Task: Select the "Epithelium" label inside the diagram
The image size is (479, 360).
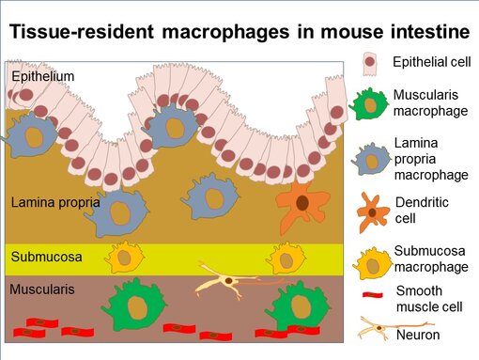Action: [41, 75]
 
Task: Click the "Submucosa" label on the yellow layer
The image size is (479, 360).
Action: [42, 256]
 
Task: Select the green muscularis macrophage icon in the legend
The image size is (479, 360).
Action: [372, 104]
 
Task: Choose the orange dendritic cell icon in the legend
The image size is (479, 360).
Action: [373, 212]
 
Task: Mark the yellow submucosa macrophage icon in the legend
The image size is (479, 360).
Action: [373, 261]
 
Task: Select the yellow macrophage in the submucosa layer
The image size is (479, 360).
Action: [126, 257]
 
